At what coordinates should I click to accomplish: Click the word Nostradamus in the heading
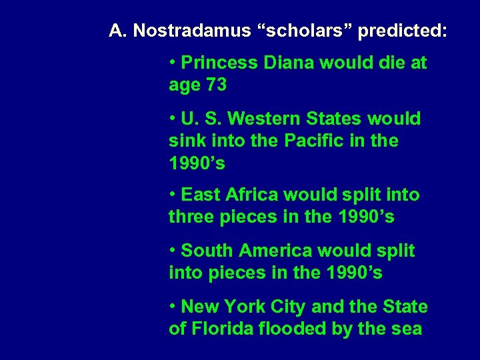[190, 31]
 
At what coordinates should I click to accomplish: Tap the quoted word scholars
[303, 31]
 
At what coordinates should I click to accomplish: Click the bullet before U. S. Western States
[173, 119]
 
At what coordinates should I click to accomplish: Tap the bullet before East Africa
[173, 195]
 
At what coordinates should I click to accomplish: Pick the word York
[245, 307]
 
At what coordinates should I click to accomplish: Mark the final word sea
[407, 329]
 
